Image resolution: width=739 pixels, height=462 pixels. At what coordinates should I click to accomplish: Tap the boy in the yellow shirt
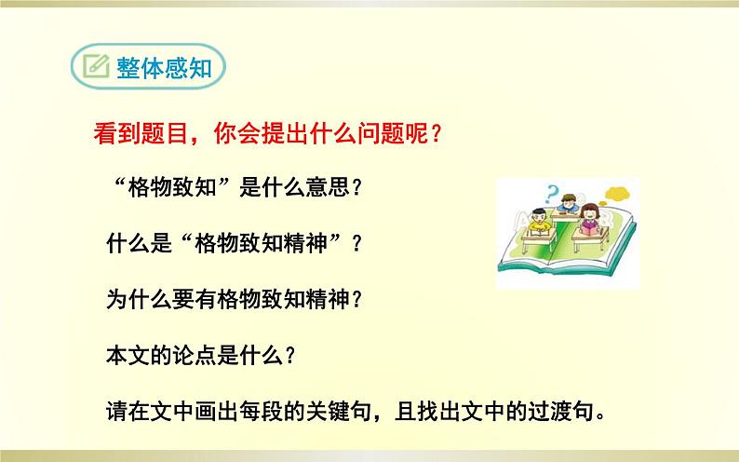(539, 223)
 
